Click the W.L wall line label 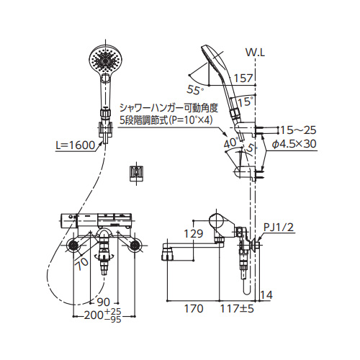[255, 53]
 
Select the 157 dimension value [243, 78]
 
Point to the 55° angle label [195, 90]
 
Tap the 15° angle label [246, 102]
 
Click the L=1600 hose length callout [76, 145]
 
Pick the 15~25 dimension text [298, 130]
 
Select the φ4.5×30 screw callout [294, 144]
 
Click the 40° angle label [231, 143]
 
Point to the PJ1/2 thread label [279, 227]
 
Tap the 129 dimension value [194, 233]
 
